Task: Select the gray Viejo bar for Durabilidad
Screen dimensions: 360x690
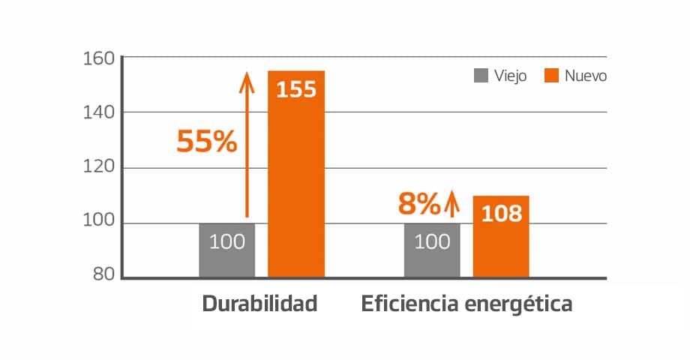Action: pos(226,251)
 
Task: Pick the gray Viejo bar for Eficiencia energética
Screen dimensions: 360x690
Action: pos(432,251)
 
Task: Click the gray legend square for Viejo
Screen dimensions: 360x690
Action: pos(481,76)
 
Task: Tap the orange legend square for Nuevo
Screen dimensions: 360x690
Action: pos(551,76)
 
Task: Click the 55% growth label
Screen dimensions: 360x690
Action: pos(206,142)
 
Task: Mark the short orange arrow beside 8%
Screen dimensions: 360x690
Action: pos(451,203)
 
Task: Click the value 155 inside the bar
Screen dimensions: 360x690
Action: pos(296,90)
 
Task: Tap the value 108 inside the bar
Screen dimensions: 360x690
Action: pos(501,214)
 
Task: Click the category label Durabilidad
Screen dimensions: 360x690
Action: pos(260,304)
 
